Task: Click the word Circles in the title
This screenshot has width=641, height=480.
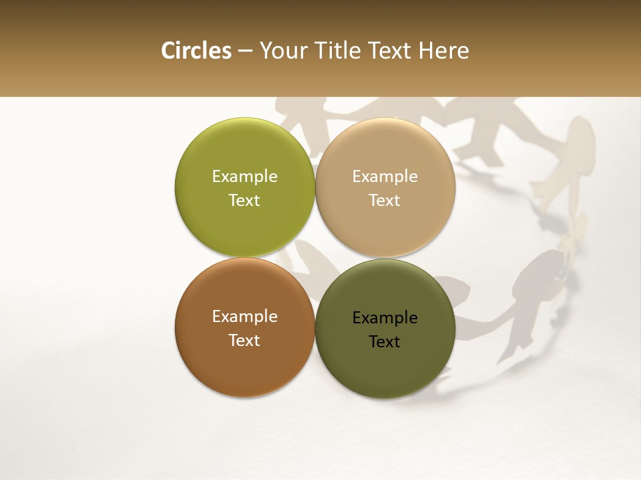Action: coord(196,51)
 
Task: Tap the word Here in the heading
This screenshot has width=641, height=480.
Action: coord(444,51)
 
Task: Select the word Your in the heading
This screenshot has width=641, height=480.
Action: coord(283,51)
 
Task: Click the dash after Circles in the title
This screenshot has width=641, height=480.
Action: coord(244,51)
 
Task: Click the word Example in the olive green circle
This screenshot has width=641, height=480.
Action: coord(244,176)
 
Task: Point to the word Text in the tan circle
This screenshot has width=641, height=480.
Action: coord(385,200)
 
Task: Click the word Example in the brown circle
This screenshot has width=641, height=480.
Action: coord(244,316)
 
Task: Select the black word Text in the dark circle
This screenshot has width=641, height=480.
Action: coord(385,341)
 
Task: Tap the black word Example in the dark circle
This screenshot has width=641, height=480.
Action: coord(385,317)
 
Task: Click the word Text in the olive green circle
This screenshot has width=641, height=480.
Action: coord(244,200)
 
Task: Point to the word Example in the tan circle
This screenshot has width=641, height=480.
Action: coord(385,176)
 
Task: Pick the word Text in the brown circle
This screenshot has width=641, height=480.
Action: coord(244,340)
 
